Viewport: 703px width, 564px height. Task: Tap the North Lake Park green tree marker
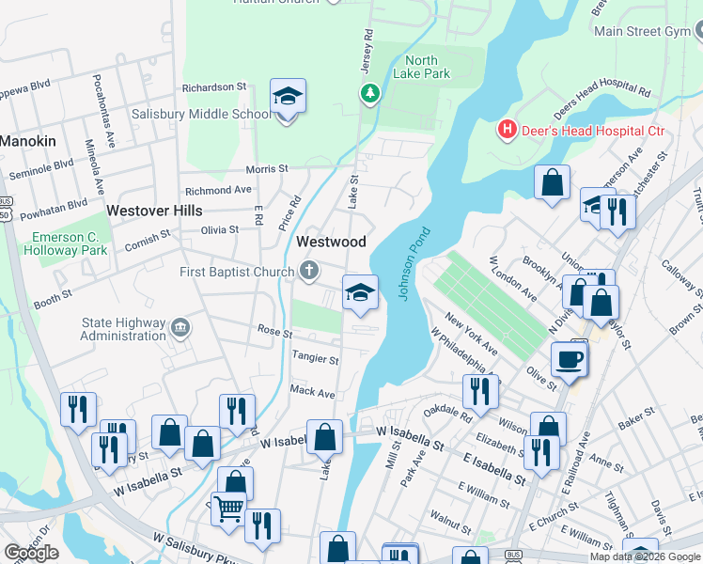pyautogui.click(x=369, y=93)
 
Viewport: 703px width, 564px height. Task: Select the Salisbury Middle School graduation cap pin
pyautogui.click(x=288, y=97)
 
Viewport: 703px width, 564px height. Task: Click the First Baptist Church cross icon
pyautogui.click(x=308, y=273)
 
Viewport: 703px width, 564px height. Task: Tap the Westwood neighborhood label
pyautogui.click(x=331, y=242)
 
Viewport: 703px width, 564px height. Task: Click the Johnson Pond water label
pyautogui.click(x=415, y=263)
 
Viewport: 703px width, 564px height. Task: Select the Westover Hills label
pyautogui.click(x=153, y=211)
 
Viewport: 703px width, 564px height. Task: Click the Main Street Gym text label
pyautogui.click(x=643, y=31)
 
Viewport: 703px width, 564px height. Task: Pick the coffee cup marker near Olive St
pyautogui.click(x=570, y=358)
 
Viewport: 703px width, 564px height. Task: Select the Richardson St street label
pyautogui.click(x=214, y=86)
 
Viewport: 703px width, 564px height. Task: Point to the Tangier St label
pyautogui.click(x=315, y=358)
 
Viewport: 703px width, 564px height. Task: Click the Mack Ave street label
pyautogui.click(x=313, y=391)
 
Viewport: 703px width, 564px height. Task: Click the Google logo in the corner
pyautogui.click(x=30, y=552)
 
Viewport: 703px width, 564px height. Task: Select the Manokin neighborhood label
pyautogui.click(x=28, y=141)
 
